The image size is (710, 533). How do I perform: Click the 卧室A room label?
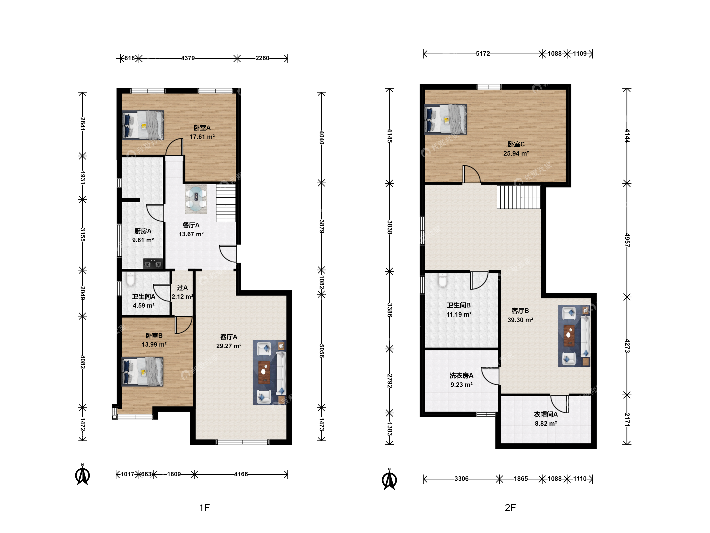point(202,128)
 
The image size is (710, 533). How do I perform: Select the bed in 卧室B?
point(142,371)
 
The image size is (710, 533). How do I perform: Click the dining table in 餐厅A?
point(196,199)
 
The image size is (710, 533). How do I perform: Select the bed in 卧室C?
point(445,119)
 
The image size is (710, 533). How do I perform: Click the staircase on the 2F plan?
point(518,197)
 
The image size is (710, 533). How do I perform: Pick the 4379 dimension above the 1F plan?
point(188,58)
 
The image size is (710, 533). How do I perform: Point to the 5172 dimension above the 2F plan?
point(483,54)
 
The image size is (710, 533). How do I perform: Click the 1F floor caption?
point(204,508)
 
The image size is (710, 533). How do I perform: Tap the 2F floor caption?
point(510,508)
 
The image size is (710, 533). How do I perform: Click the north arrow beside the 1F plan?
point(83,475)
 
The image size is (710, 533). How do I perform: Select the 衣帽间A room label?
point(546,415)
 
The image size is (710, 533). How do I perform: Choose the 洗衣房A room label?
point(461,376)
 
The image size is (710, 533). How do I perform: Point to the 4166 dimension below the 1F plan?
point(241,474)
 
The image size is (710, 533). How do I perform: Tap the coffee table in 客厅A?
point(264,372)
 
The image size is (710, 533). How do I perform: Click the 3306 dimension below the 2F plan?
point(461,479)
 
